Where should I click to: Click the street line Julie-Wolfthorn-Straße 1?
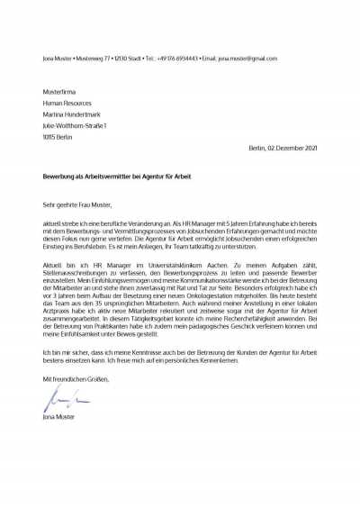(75, 126)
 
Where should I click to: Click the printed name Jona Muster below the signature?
(58, 417)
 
